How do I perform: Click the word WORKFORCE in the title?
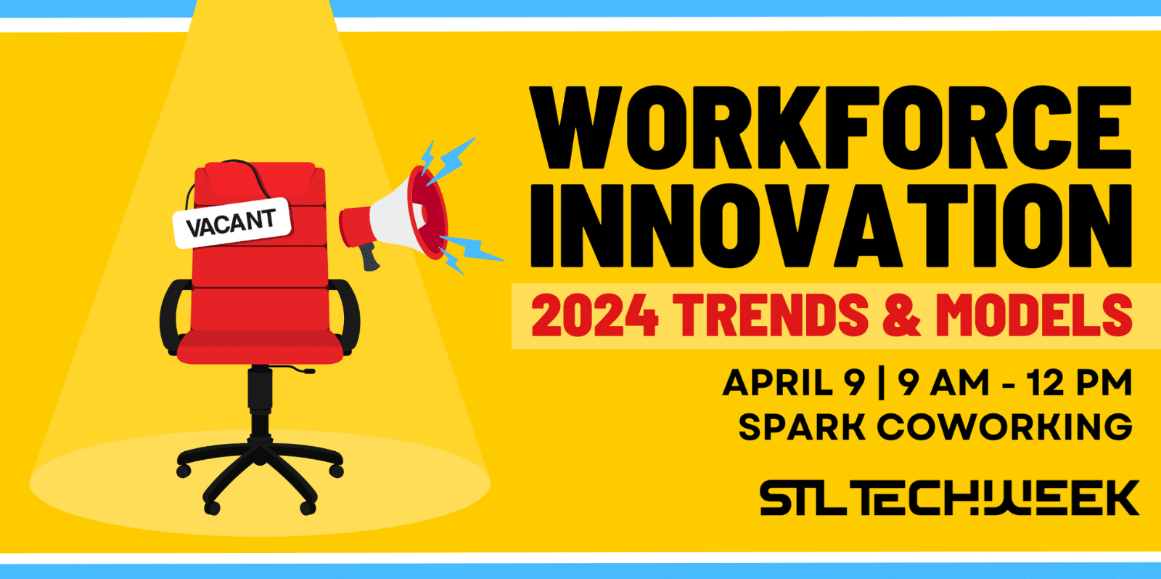tap(830, 128)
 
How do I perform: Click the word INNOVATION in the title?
tap(831, 226)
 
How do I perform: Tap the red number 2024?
tap(595, 315)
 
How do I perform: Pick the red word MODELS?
tap(1034, 315)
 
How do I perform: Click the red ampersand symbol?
tap(902, 315)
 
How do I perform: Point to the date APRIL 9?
tap(794, 383)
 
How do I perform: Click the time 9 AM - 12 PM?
tap(1015, 383)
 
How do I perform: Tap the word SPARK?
tap(802, 427)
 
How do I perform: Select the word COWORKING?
tap(1004, 427)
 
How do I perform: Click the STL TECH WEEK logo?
tap(950, 498)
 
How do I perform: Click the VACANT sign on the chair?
tap(231, 223)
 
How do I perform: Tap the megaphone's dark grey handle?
tap(369, 257)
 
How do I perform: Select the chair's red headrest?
tap(260, 179)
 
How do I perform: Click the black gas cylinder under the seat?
tap(260, 400)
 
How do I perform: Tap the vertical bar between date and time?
tap(882, 383)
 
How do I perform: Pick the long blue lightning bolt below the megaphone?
tap(472, 248)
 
